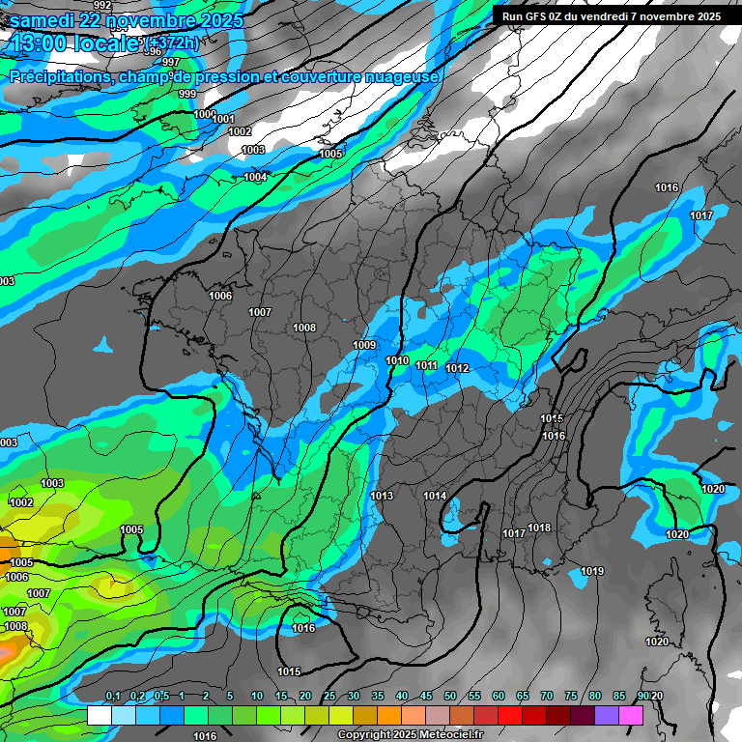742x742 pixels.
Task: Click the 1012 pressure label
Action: (x=458, y=368)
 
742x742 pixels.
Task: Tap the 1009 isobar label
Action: (x=364, y=345)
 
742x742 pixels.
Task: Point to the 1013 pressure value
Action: (x=382, y=496)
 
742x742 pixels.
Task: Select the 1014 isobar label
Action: (x=435, y=496)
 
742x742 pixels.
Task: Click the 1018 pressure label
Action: (x=539, y=528)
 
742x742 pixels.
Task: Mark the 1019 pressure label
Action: (x=592, y=572)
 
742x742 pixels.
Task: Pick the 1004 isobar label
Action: (x=255, y=177)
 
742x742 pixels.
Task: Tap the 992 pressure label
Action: (x=102, y=6)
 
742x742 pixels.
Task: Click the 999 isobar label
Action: (x=187, y=94)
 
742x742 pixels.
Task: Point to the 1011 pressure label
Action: (x=427, y=365)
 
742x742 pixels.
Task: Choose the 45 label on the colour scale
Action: (x=426, y=697)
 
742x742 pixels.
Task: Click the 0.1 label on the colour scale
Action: (x=112, y=697)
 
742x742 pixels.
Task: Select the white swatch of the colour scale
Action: (x=99, y=715)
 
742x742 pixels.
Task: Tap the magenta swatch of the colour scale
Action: (x=631, y=715)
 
